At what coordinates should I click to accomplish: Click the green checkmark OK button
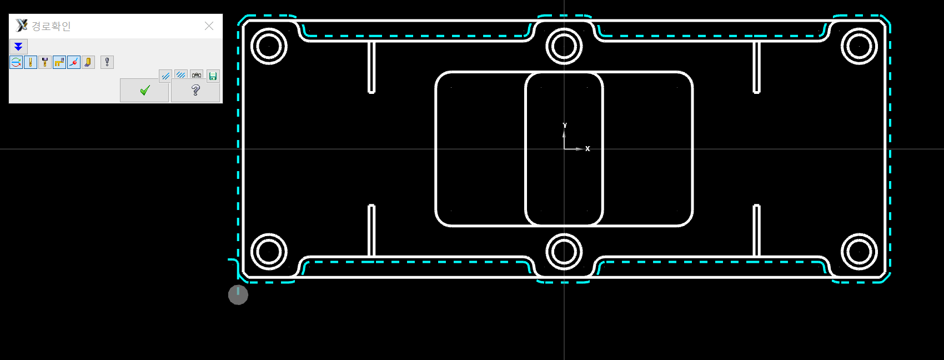(x=144, y=90)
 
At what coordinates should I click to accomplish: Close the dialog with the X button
(x=209, y=26)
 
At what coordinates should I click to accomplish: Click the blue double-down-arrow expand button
(x=18, y=46)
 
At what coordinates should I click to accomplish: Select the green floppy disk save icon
(x=213, y=76)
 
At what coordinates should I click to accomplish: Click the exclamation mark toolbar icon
(x=107, y=62)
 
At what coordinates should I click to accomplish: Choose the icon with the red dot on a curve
(x=74, y=62)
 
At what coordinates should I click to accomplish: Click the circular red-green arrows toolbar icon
(x=16, y=62)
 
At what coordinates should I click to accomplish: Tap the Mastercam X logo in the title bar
(x=22, y=26)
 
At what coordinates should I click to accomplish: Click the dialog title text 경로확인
(x=51, y=26)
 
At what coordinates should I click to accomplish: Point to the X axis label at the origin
(x=588, y=149)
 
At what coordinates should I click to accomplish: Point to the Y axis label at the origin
(x=565, y=126)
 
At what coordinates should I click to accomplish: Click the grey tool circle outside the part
(x=238, y=295)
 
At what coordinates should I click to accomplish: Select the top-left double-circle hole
(x=269, y=46)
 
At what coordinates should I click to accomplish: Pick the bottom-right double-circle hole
(x=859, y=252)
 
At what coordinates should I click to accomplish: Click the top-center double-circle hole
(x=564, y=46)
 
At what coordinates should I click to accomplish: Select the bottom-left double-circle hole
(x=269, y=252)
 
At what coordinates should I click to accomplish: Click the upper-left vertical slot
(x=371, y=67)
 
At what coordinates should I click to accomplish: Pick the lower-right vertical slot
(x=756, y=231)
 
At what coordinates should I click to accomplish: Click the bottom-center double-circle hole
(x=564, y=252)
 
